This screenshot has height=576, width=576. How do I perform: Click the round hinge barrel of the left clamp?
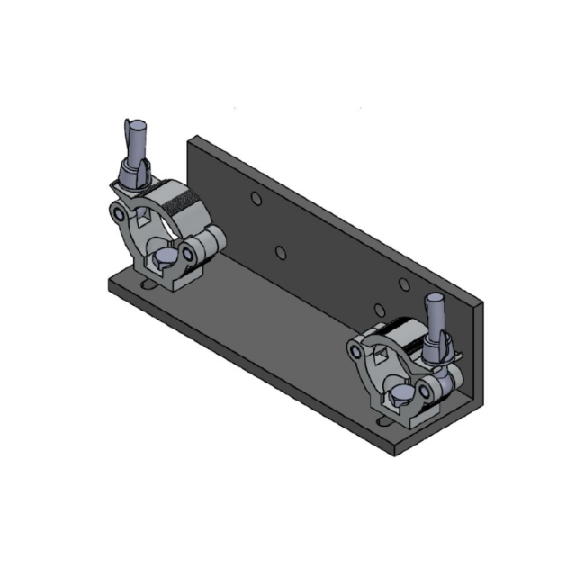tap(210, 241)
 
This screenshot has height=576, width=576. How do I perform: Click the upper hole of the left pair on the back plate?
tap(256, 198)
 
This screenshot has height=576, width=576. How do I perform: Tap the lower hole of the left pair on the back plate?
tap(281, 251)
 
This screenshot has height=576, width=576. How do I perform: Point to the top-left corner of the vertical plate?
tap(190, 138)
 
